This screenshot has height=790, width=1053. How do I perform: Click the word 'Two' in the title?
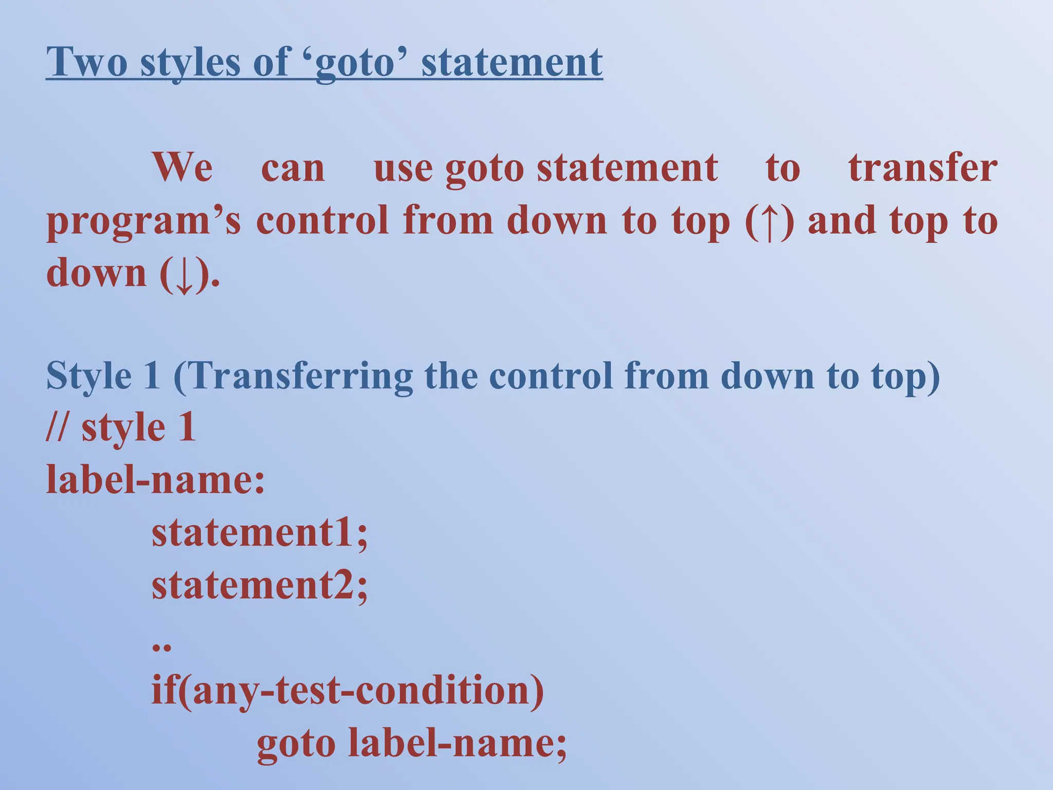(86, 62)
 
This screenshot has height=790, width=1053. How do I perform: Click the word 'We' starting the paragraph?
(182, 168)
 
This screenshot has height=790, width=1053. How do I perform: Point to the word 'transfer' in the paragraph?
(922, 168)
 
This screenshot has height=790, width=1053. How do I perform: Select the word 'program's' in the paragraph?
(143, 221)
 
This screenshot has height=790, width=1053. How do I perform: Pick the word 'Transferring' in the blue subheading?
(302, 376)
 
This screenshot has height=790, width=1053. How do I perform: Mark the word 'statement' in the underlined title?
(512, 62)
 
